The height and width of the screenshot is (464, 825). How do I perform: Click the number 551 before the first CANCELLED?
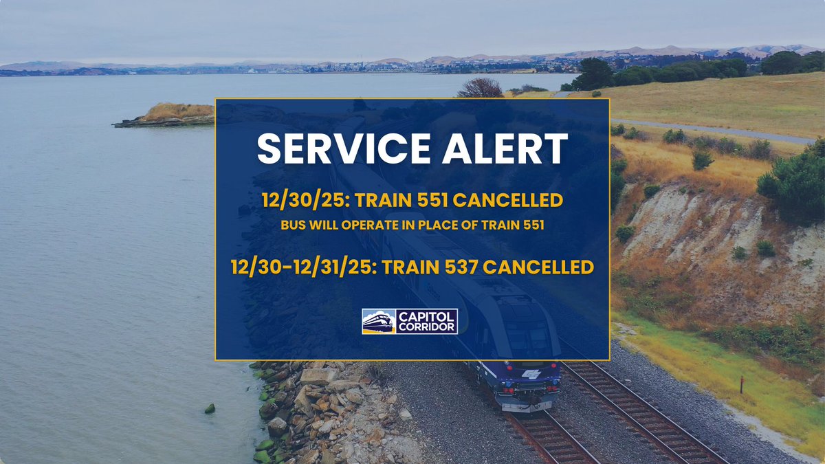pos(424,201)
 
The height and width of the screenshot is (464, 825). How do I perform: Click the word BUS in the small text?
pos(291,225)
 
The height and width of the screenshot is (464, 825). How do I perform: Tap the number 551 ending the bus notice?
pos(533,225)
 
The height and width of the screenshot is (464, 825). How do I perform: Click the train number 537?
pos(461,266)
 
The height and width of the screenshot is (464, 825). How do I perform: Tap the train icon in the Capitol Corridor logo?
pos(379,321)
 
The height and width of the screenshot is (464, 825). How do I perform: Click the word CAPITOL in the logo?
pos(427,316)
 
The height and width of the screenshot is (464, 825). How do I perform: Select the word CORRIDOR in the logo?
pos(427,327)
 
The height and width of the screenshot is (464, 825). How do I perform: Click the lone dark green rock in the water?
pos(209,409)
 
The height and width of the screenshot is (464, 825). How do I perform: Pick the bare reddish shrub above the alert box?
pos(481,88)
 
